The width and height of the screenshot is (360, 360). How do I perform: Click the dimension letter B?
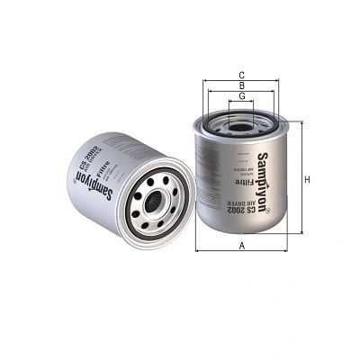pos(241,87)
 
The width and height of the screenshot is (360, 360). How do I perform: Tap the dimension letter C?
pos(241,75)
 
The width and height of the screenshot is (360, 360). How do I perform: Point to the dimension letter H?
pos(307,179)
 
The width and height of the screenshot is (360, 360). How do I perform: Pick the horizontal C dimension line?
pos(241,81)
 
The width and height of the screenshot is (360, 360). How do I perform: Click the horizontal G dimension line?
pos(241,103)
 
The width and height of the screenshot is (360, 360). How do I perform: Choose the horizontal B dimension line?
pos(241,94)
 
